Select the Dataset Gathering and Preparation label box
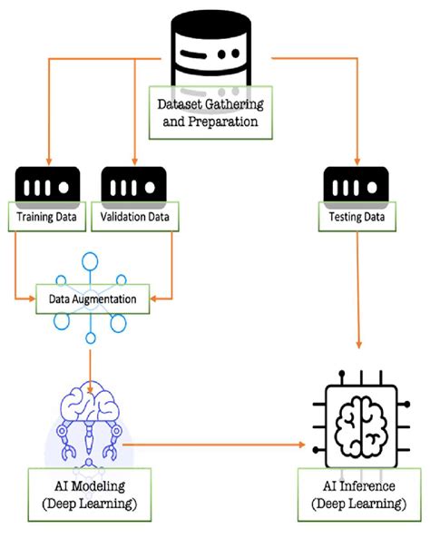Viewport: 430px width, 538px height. tap(211, 113)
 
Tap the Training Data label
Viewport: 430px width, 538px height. tap(47, 218)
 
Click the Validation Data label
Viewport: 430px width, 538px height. tap(136, 218)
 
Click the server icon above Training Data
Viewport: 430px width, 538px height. tap(47, 187)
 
